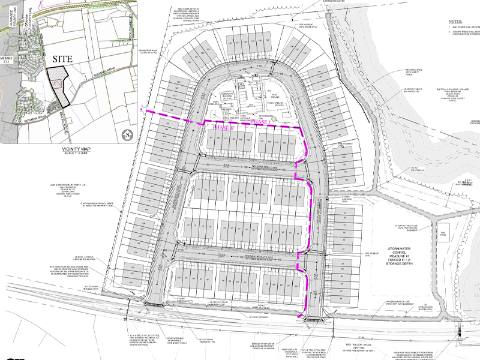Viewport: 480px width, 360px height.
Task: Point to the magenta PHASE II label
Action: click(221, 127)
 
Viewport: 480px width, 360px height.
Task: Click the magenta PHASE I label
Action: click(260, 122)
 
